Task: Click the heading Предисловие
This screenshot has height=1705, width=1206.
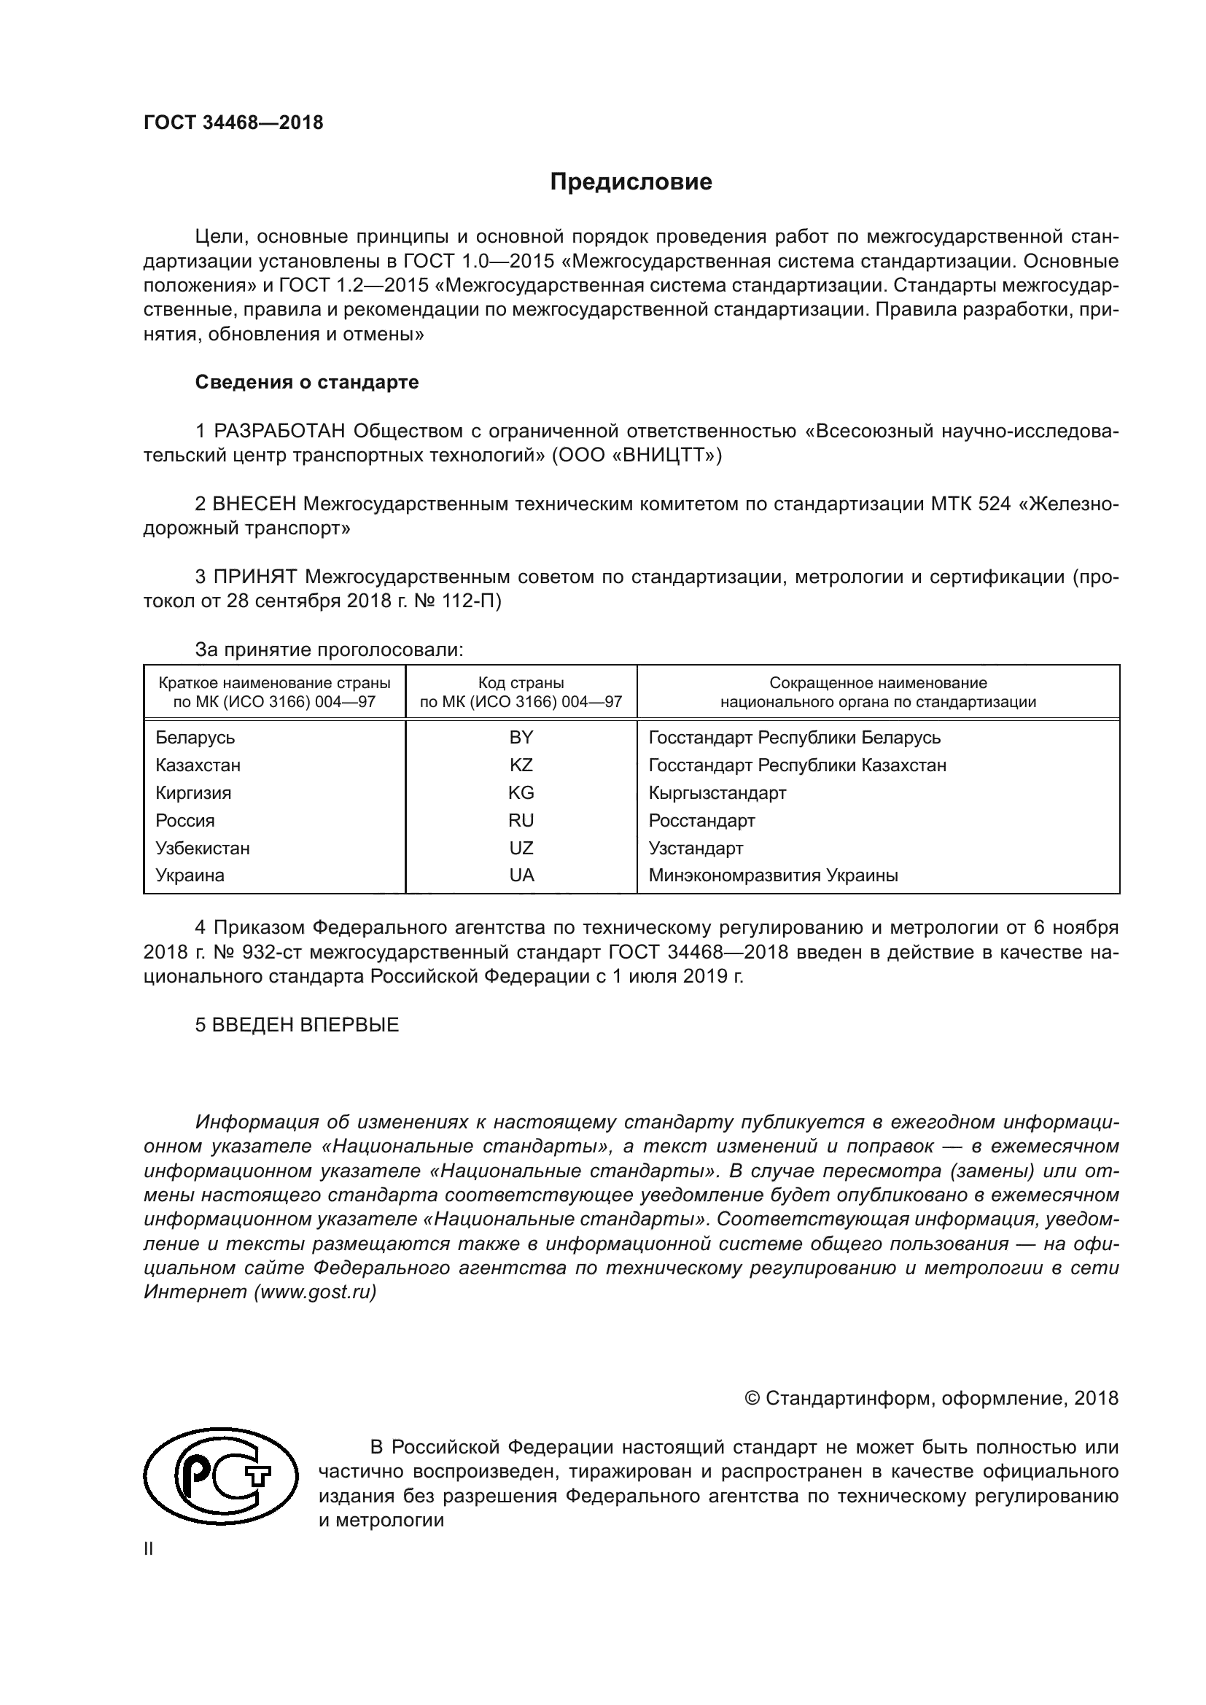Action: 631,182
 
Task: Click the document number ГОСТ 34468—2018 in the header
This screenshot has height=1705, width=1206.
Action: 233,123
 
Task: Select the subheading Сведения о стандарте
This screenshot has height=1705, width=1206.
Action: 307,383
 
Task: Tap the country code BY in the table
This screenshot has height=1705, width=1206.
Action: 521,738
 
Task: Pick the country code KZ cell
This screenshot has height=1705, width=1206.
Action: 521,765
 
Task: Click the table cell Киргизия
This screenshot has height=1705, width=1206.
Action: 193,793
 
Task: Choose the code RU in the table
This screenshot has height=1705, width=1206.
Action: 521,821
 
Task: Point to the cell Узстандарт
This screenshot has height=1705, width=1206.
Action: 695,848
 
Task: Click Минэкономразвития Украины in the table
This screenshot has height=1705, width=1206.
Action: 773,875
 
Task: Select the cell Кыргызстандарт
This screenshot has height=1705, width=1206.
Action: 717,793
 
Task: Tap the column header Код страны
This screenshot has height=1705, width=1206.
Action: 521,682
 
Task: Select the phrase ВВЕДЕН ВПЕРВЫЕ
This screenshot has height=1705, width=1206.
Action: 306,1026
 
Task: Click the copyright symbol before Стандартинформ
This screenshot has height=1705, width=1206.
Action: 752,1399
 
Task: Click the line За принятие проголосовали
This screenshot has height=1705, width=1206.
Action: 329,650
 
